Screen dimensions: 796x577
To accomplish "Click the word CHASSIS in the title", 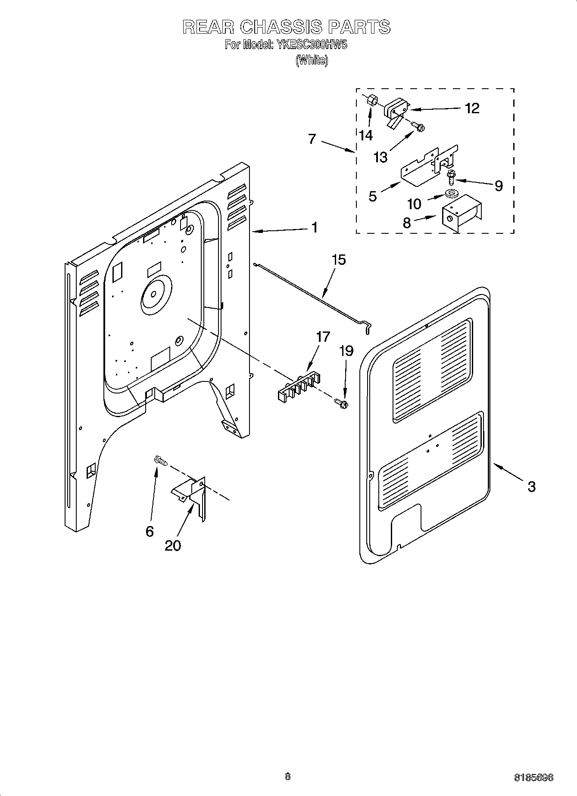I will tap(280, 27).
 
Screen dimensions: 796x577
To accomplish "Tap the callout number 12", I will tap(472, 108).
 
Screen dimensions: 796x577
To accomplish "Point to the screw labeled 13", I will tap(417, 126).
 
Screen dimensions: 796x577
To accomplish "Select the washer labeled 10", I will tap(451, 194).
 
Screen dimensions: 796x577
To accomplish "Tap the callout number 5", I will tap(373, 196).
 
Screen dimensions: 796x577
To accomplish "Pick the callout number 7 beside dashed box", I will tap(312, 139).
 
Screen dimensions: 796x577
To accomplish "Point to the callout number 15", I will tap(339, 260).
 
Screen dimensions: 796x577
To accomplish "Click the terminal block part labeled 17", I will tap(298, 387).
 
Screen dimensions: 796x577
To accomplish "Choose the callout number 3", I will tap(531, 487).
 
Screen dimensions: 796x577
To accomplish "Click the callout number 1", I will tap(315, 227).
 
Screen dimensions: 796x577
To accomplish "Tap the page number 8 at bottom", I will tap(288, 777).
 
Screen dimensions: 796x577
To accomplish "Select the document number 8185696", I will tap(533, 777).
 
